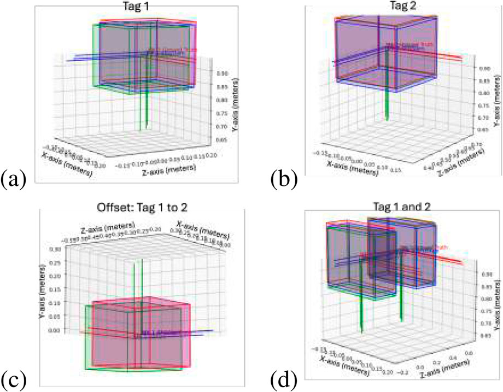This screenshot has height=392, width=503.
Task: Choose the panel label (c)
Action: coord(14,378)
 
